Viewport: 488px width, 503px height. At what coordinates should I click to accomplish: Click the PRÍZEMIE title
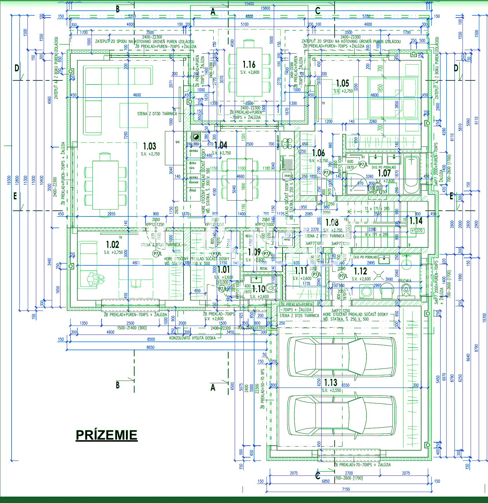click(x=106, y=435)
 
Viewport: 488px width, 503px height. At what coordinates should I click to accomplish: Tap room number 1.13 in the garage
click(x=331, y=382)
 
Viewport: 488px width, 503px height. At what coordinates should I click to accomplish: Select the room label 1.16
click(x=249, y=64)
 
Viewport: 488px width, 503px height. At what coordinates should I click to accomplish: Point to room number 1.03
click(x=150, y=146)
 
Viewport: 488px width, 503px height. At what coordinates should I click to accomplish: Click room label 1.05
click(x=342, y=83)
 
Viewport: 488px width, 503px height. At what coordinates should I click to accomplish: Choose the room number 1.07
click(x=384, y=173)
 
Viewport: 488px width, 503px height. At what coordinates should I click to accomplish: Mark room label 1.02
click(x=112, y=245)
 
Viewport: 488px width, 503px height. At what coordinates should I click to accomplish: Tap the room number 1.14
click(x=416, y=221)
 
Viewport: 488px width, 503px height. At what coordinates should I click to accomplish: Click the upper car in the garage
click(x=342, y=357)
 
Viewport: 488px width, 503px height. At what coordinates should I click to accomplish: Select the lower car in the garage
click(x=342, y=415)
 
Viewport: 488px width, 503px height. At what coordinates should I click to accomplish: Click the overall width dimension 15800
click(x=265, y=8)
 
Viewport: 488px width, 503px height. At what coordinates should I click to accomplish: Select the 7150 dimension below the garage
click(x=346, y=489)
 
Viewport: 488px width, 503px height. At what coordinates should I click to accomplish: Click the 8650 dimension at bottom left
click(x=151, y=347)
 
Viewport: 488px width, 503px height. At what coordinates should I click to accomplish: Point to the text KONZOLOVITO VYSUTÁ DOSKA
click(x=192, y=338)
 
